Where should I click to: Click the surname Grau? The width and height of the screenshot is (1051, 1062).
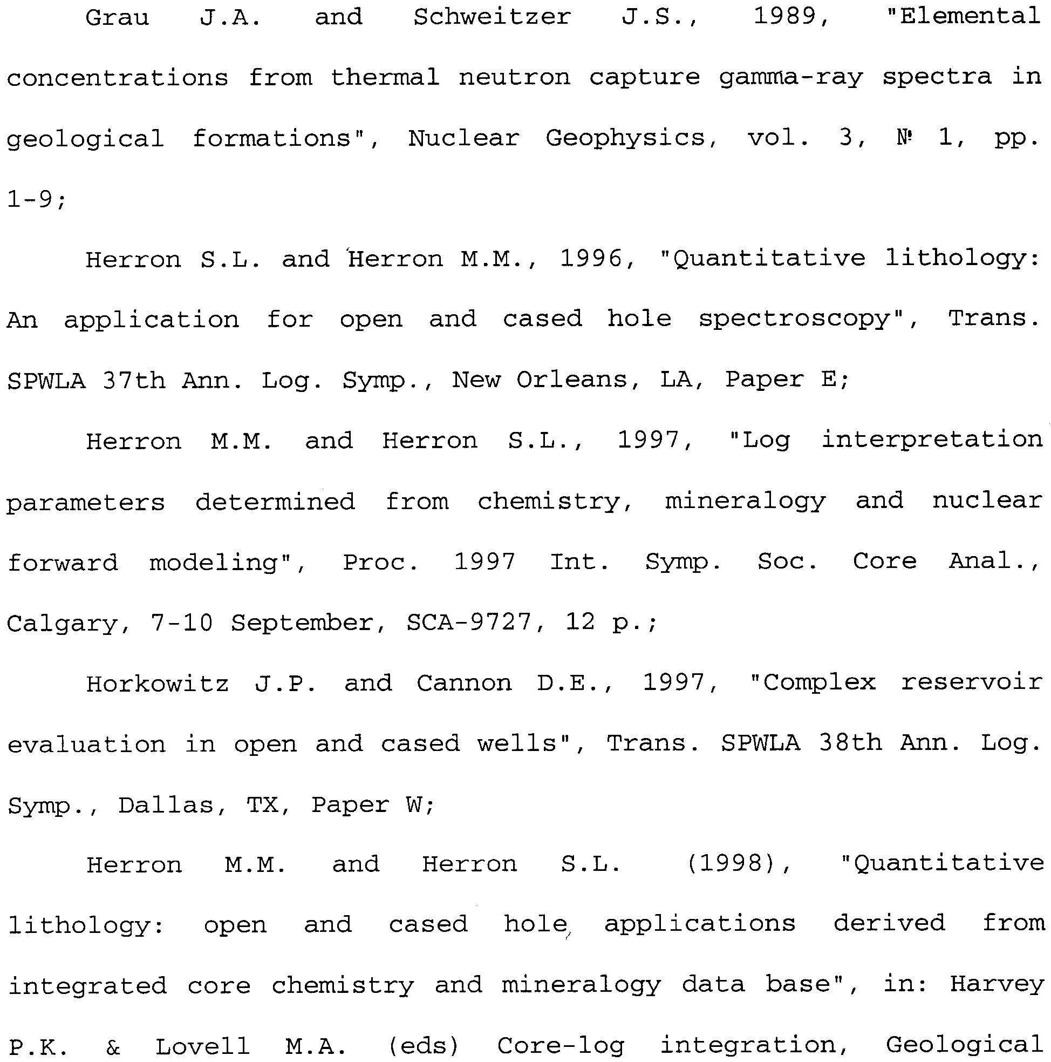click(117, 18)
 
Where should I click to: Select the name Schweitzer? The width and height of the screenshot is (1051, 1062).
click(492, 17)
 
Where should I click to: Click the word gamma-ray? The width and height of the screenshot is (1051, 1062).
click(790, 78)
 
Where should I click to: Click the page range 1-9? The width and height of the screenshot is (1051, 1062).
click(33, 199)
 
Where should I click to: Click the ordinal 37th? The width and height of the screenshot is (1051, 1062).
click(133, 381)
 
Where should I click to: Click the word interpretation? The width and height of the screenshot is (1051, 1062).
click(932, 441)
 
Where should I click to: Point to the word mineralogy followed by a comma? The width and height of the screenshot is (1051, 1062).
click(745, 502)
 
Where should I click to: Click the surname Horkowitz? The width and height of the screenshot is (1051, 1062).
click(157, 684)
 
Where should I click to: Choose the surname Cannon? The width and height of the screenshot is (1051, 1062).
click(463, 684)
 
